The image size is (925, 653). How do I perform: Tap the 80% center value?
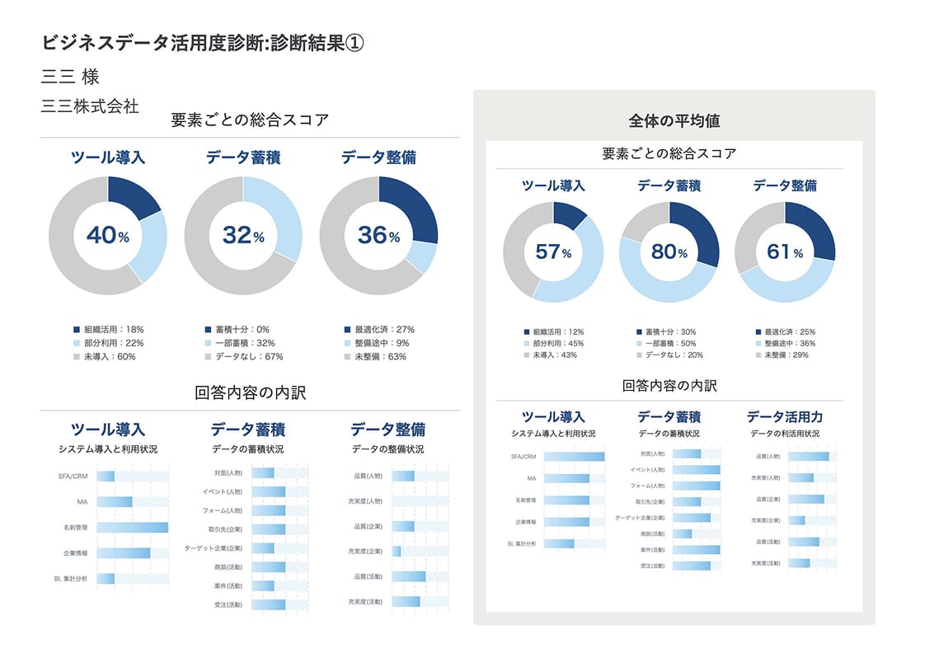669,251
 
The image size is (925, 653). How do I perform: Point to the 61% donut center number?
784,251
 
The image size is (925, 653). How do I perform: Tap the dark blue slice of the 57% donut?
568,214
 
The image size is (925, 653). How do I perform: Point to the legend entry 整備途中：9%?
379,343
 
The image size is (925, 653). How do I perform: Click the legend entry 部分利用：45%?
558,343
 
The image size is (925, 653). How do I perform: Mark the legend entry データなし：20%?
674,355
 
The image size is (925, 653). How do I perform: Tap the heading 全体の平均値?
674,121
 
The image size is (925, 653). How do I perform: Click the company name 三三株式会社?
90,106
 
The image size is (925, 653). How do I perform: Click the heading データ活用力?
784,417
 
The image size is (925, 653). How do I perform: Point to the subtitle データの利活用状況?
784,434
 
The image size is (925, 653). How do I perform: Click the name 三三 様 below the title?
70,77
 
